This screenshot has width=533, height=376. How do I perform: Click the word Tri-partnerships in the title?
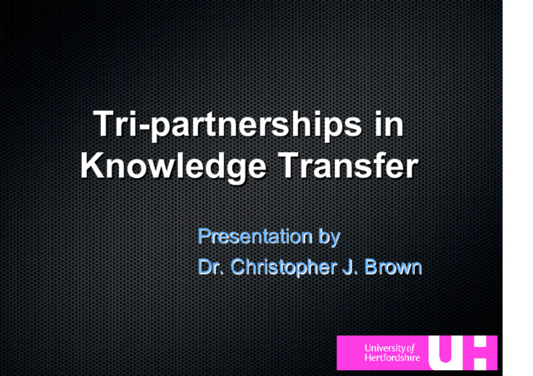point(227,125)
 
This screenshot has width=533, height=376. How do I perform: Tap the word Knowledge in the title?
point(173,166)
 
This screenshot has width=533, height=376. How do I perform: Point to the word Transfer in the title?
point(348,165)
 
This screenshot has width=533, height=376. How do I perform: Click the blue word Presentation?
point(256,236)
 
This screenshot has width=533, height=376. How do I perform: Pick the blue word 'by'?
point(330,237)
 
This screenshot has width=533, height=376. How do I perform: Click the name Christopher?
point(284,268)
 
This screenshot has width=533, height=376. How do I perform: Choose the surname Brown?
point(393,267)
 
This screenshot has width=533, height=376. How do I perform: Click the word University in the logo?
point(385,349)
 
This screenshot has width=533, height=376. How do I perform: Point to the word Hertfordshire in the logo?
point(392,358)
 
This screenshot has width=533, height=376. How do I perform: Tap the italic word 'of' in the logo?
point(411,349)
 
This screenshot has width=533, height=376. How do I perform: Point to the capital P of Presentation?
point(204,236)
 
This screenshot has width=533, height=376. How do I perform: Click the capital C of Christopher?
point(238,267)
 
